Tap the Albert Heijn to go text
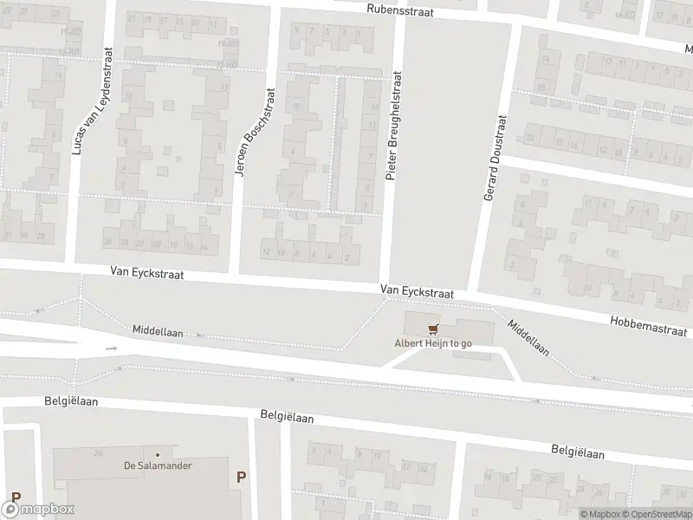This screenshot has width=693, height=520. coord(432,343)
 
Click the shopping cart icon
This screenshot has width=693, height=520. coord(433,328)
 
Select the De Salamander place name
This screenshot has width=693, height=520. coord(157,465)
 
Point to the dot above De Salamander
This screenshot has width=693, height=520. coord(157,454)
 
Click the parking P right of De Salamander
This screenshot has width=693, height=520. coord(241,476)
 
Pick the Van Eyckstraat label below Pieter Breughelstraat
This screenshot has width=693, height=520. coord(417,293)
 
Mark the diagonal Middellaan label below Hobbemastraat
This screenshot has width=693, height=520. coord(528,339)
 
